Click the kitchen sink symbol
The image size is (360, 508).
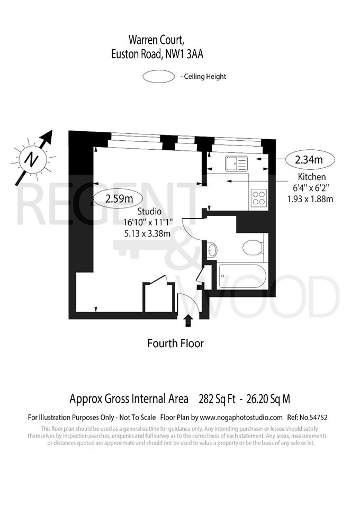[x=237, y=164]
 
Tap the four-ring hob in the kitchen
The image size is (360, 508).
[x=259, y=197]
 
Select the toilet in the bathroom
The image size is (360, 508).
[x=253, y=248]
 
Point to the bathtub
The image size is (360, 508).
[x=242, y=276]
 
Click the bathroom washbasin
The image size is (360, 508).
[x=212, y=250]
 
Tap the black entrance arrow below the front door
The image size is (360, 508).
[x=188, y=321]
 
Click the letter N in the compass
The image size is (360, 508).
[x=32, y=159]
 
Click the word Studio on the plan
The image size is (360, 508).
[x=149, y=212]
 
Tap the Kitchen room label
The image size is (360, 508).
[x=312, y=177]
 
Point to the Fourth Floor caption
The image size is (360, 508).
[x=175, y=343]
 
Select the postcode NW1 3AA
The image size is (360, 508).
[x=184, y=54]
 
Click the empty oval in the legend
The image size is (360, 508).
[x=159, y=76]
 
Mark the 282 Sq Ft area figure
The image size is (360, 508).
[x=217, y=399]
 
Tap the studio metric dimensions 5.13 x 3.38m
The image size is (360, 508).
[x=147, y=233]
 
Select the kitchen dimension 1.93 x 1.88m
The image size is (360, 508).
[x=310, y=198]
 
